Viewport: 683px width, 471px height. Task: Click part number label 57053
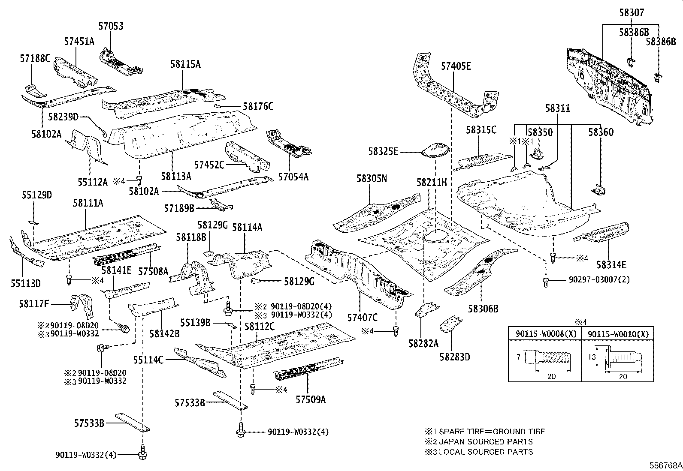[111, 26]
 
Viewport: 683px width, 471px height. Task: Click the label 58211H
[432, 183]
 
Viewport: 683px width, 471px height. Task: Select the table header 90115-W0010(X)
[618, 334]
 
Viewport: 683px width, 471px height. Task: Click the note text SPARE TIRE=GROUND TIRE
[492, 432]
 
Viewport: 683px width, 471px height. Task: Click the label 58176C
[258, 106]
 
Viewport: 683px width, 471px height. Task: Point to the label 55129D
[37, 195]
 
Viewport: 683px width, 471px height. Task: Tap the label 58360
[601, 132]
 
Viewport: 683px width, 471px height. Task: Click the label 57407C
[363, 317]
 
